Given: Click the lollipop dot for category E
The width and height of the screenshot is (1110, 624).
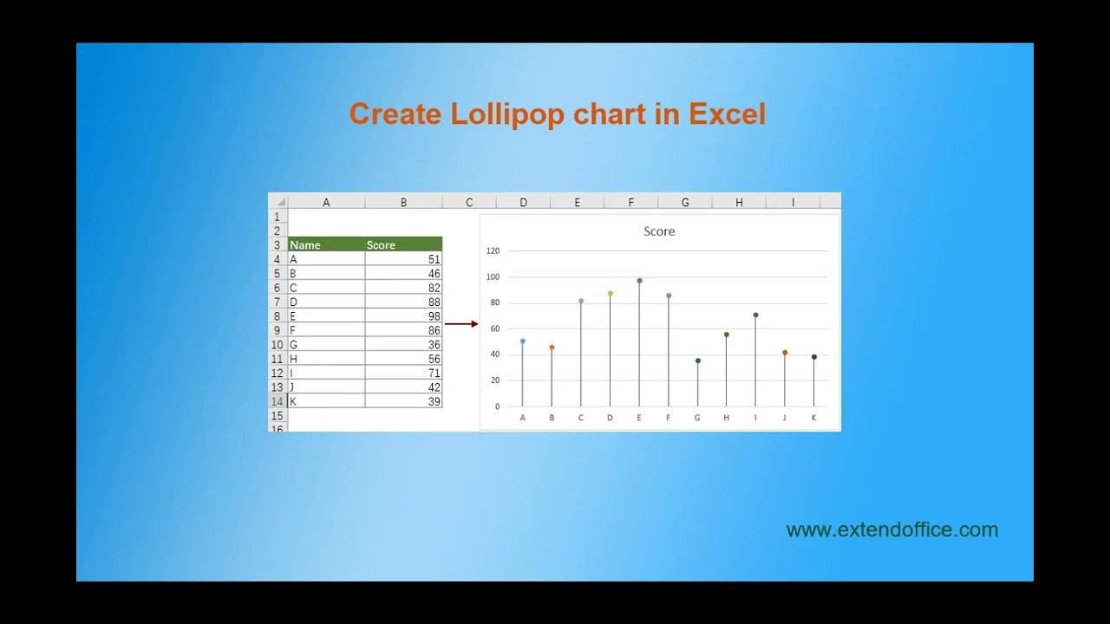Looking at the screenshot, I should [639, 281].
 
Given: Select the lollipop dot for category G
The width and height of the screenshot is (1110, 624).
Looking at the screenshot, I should [698, 361].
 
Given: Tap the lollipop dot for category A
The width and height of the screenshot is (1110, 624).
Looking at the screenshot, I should [523, 341].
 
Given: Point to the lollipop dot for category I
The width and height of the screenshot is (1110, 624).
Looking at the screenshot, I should [755, 315].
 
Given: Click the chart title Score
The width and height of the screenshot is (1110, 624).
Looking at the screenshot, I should [659, 231].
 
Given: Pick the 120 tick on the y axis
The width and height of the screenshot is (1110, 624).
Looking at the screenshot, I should [493, 251].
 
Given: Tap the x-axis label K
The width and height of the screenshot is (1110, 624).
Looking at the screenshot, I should [813, 418].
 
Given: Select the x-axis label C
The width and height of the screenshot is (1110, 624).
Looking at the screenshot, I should [581, 418].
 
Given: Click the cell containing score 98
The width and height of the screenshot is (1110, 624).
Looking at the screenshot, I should [403, 316].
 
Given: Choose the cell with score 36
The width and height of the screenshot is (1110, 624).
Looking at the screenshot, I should [403, 345].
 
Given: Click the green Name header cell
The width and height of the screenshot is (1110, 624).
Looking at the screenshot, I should [326, 245].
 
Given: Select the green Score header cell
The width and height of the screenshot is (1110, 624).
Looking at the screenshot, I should [403, 245].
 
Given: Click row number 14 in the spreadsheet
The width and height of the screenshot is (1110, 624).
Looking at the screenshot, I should [277, 401].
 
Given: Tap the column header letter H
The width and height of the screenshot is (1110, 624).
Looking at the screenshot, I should [739, 202].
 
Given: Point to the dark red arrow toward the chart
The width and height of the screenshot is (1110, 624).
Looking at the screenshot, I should [461, 324].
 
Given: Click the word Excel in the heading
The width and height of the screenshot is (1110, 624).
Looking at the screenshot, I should [728, 114].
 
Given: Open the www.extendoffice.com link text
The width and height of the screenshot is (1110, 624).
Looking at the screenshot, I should [891, 530].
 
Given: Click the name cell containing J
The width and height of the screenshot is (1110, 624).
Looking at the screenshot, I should [326, 387].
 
